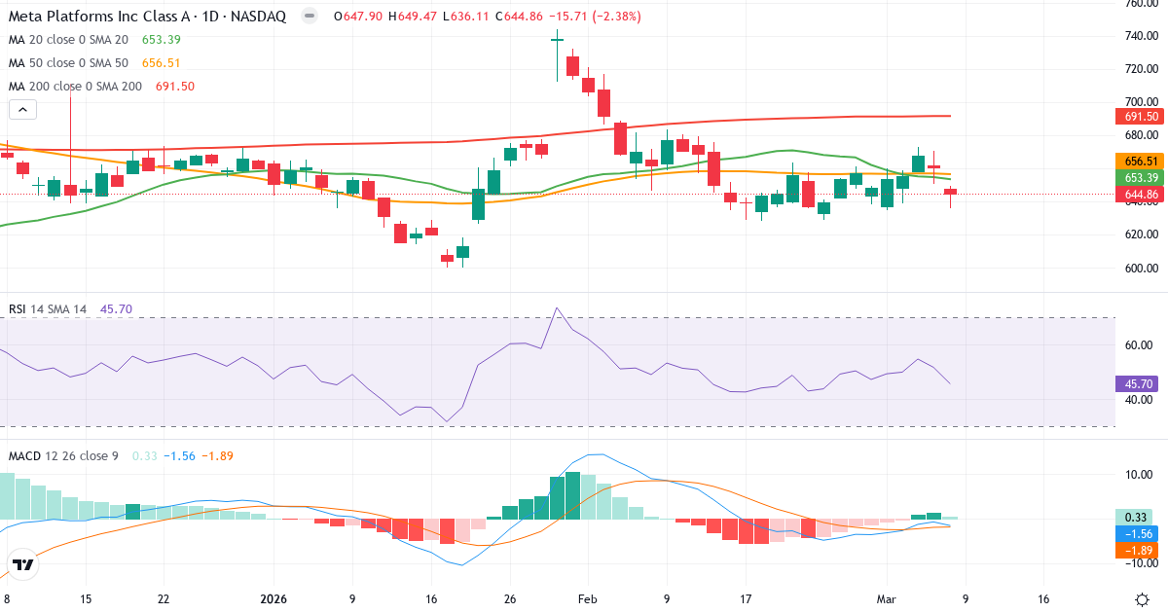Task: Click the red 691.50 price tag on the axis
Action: click(1139, 117)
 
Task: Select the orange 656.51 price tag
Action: click(1139, 162)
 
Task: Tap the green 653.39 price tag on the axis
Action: click(1139, 178)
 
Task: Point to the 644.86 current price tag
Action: click(1139, 195)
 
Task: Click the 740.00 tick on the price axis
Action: click(1140, 36)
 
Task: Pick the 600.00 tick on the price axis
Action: click(1140, 269)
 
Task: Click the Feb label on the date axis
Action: click(586, 599)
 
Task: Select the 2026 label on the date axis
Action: click(273, 599)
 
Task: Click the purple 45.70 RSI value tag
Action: click(1139, 384)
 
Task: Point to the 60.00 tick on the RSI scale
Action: click(1140, 345)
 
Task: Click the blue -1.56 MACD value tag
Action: click(1139, 534)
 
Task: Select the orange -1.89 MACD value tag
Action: click(1139, 551)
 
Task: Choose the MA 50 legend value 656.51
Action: click(162, 63)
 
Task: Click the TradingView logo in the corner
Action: click(23, 564)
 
